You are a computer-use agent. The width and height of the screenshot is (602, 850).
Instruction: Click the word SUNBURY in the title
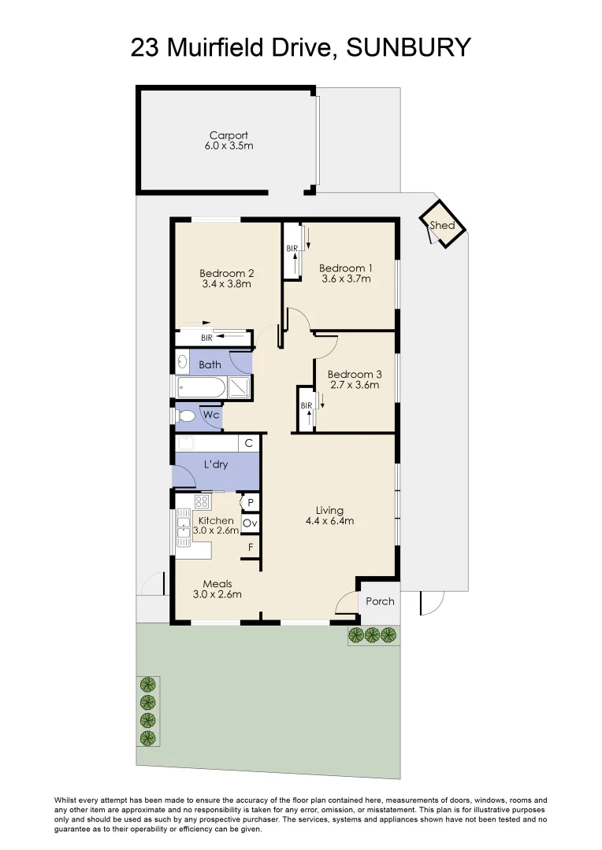(408, 48)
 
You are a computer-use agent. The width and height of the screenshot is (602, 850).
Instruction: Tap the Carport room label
(229, 135)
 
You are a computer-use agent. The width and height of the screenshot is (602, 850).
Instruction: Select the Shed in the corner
(443, 224)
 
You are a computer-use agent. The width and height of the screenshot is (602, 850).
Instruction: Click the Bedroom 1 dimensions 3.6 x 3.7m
(346, 279)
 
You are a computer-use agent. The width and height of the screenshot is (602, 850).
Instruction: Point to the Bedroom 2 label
(226, 274)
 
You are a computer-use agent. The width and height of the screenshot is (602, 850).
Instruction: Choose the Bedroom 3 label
(355, 375)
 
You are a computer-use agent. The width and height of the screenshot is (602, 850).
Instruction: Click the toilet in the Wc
(185, 416)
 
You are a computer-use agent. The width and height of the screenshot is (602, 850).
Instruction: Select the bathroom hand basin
(182, 362)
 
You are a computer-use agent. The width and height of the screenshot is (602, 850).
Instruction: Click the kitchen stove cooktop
(202, 501)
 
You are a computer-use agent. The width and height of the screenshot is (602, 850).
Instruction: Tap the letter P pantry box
(251, 502)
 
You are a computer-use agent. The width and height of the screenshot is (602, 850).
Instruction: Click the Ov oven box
(250, 523)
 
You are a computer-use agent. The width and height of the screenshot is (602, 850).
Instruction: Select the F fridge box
(251, 548)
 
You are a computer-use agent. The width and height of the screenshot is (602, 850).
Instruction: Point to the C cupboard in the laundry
(249, 443)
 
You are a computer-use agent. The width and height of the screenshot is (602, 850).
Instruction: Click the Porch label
(380, 601)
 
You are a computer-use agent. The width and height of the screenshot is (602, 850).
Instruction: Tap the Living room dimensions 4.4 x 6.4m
(329, 521)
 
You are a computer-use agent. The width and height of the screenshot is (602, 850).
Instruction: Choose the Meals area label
(217, 584)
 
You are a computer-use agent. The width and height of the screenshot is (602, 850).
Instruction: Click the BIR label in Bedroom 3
(307, 405)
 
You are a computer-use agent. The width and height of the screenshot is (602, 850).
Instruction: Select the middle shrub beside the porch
(372, 634)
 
